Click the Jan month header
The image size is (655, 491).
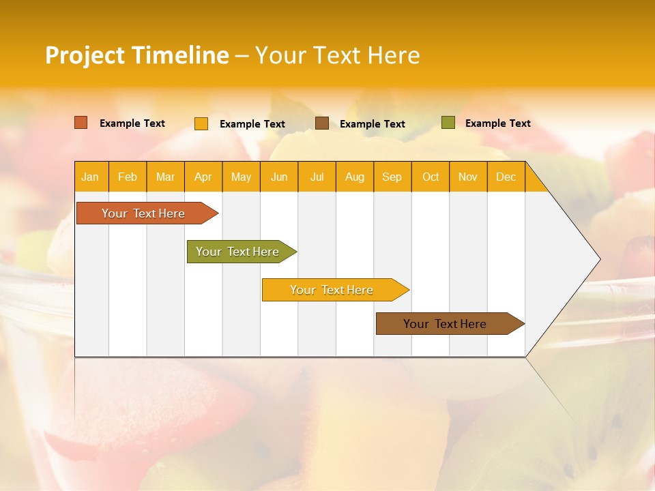pyautogui.click(x=91, y=177)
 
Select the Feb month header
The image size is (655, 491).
pyautogui.click(x=128, y=177)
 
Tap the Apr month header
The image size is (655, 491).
pyautogui.click(x=203, y=177)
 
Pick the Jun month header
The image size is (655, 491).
pyautogui.click(x=279, y=177)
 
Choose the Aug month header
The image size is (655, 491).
pyautogui.click(x=355, y=177)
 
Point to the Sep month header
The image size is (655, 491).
pyautogui.click(x=392, y=177)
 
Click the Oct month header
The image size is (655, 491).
pyautogui.click(x=431, y=177)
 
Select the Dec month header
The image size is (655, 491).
pyautogui.click(x=506, y=177)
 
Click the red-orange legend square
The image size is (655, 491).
pyautogui.click(x=81, y=123)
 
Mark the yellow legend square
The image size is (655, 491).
pyautogui.click(x=201, y=123)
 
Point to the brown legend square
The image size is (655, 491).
pyautogui.click(x=322, y=123)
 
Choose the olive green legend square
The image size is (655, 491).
pyautogui.click(x=448, y=123)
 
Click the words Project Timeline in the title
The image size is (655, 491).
pyautogui.click(x=137, y=55)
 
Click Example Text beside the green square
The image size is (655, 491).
pyautogui.click(x=497, y=123)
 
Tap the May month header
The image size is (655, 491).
pyautogui.click(x=241, y=177)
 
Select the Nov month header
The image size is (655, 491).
pyautogui.click(x=468, y=177)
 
